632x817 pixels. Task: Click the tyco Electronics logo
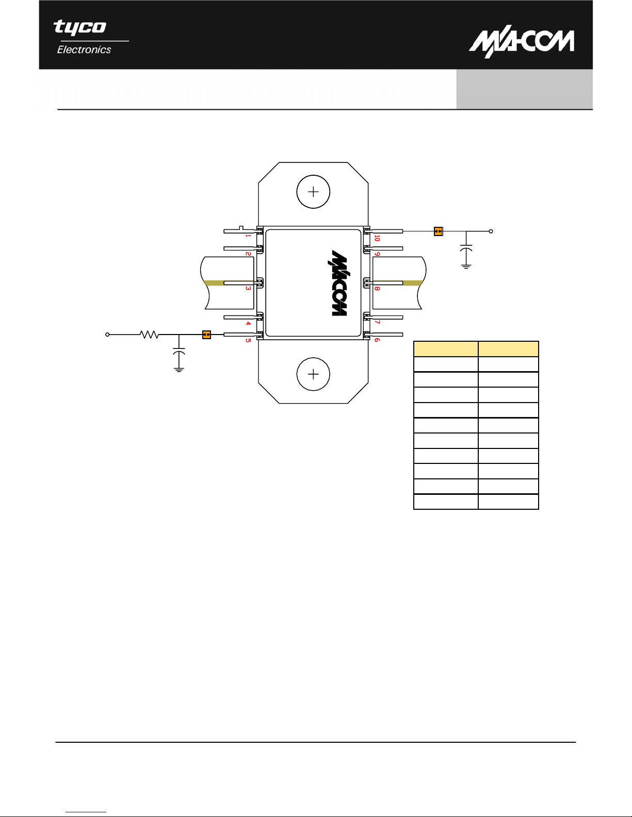pos(82,37)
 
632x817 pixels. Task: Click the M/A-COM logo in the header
pos(522,41)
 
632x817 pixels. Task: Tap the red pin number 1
pos(248,236)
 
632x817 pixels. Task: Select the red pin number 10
pos(377,238)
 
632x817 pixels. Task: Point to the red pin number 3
pos(248,288)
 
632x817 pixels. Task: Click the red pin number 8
pos(377,288)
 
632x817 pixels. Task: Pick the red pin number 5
pos(248,340)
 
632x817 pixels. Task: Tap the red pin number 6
pos(377,340)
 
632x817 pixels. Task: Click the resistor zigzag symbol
pos(149,334)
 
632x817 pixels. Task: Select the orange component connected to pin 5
pos(206,335)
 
